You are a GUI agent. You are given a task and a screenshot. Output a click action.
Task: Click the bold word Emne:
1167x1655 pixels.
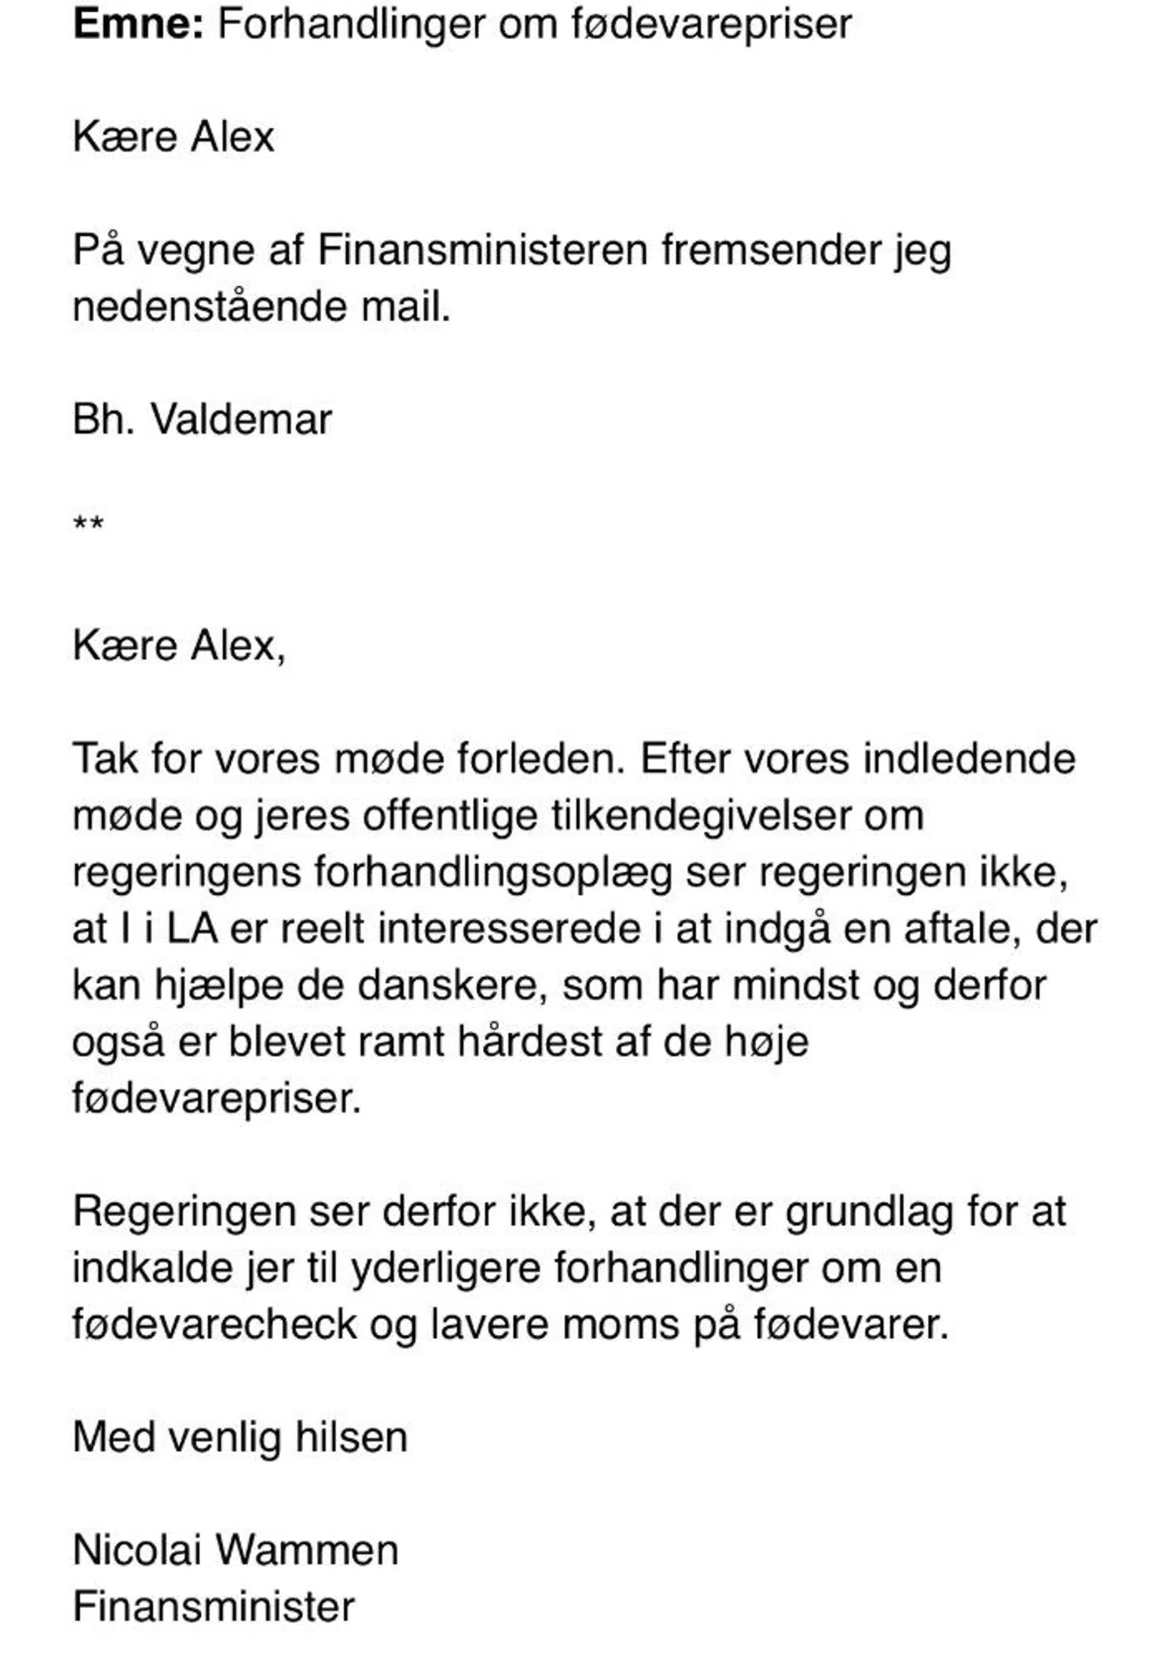pos(138,24)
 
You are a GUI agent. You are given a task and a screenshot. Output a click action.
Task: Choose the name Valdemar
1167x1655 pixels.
pos(242,420)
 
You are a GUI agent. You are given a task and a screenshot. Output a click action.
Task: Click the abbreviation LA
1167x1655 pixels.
pos(192,929)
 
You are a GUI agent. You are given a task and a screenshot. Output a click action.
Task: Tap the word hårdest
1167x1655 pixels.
pos(529,1042)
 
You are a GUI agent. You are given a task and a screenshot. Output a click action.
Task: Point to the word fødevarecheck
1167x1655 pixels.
pos(214,1326)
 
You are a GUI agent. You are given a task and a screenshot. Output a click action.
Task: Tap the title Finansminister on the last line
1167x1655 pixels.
pos(213,1608)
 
